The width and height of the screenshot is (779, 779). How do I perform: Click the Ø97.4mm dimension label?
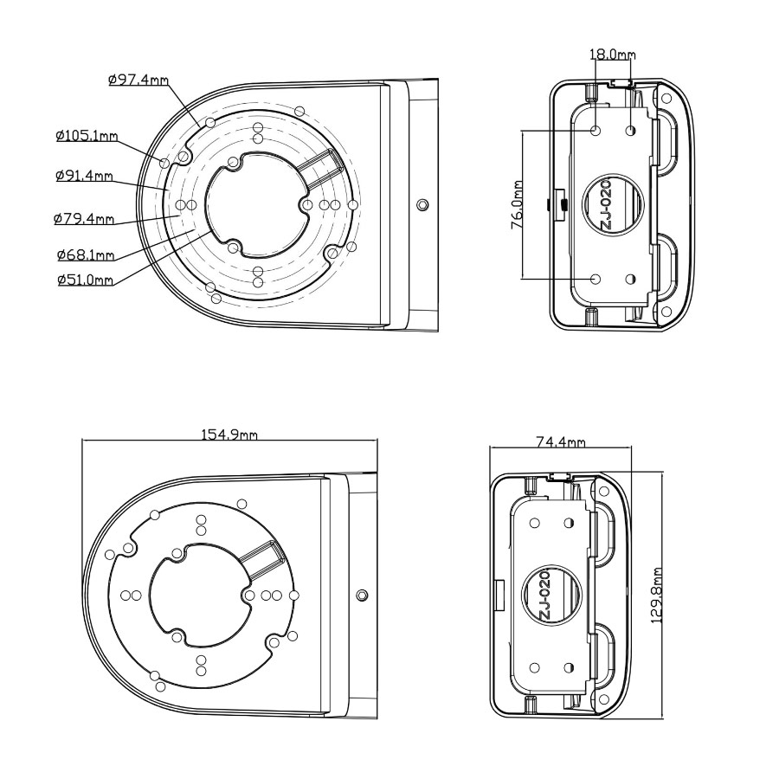pyautogui.click(x=138, y=80)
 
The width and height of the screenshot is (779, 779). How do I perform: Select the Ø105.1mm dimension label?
pyautogui.click(x=86, y=136)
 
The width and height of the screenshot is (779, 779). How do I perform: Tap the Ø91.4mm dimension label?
pyautogui.click(x=84, y=176)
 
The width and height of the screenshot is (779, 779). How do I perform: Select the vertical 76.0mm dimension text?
pyautogui.click(x=517, y=205)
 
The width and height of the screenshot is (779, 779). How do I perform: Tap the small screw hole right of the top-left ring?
pyautogui.click(x=422, y=205)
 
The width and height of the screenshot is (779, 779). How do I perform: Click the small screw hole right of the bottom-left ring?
pyautogui.click(x=362, y=595)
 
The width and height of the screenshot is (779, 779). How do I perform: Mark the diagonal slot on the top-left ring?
pyautogui.click(x=319, y=164)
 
